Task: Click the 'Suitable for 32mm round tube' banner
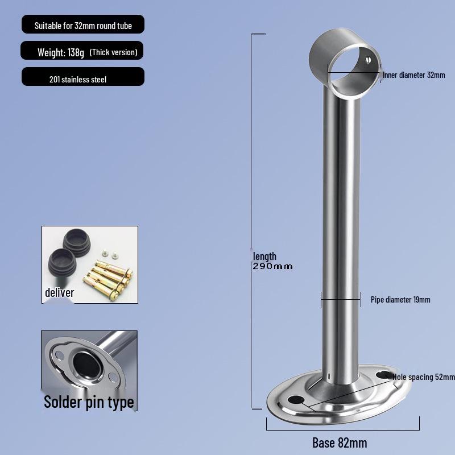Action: coord(82,26)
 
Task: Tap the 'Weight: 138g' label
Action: coord(61,52)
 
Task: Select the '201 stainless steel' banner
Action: coord(78,80)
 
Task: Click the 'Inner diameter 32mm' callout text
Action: coord(413,75)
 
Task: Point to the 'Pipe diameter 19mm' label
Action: coord(400,300)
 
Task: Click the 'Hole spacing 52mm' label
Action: coord(424,377)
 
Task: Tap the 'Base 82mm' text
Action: coord(340,442)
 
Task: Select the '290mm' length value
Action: coord(272,266)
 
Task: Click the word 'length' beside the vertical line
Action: coord(264,257)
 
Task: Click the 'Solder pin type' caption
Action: coord(89,402)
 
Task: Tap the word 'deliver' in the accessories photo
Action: coord(60,292)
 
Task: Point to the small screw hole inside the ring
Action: coord(368,59)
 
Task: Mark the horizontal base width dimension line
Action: coord(342,423)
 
